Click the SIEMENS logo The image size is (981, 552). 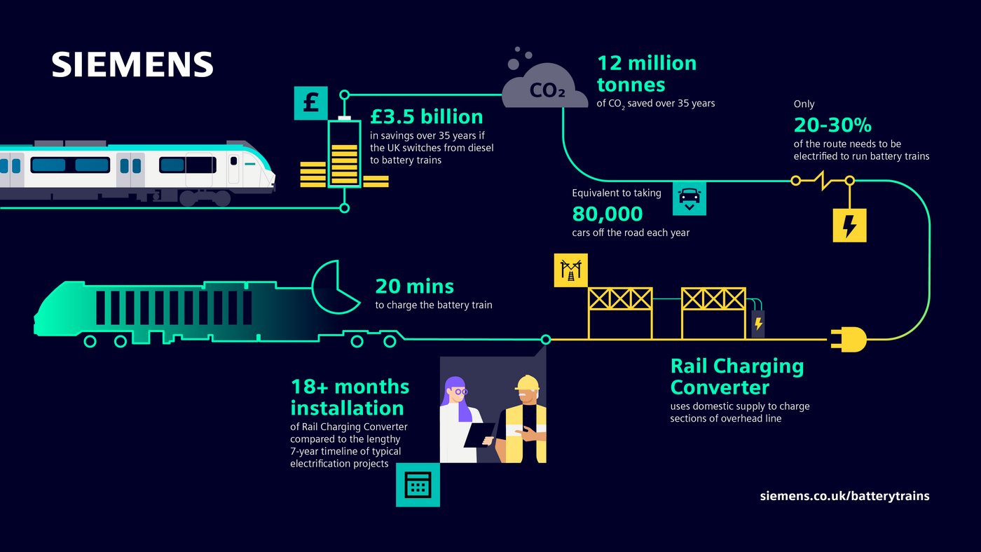[132, 64]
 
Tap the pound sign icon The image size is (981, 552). [311, 103]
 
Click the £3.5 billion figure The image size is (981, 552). [426, 116]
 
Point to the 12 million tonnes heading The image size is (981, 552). [646, 74]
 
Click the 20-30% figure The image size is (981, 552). [832, 125]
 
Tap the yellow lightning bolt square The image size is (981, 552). [849, 225]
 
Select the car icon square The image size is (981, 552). [690, 198]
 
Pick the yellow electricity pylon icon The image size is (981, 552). [571, 270]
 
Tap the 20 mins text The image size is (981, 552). [414, 287]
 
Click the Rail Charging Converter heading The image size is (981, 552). [737, 376]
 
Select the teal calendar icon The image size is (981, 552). [418, 484]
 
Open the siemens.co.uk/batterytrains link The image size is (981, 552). [844, 496]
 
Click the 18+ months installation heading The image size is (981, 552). [350, 397]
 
